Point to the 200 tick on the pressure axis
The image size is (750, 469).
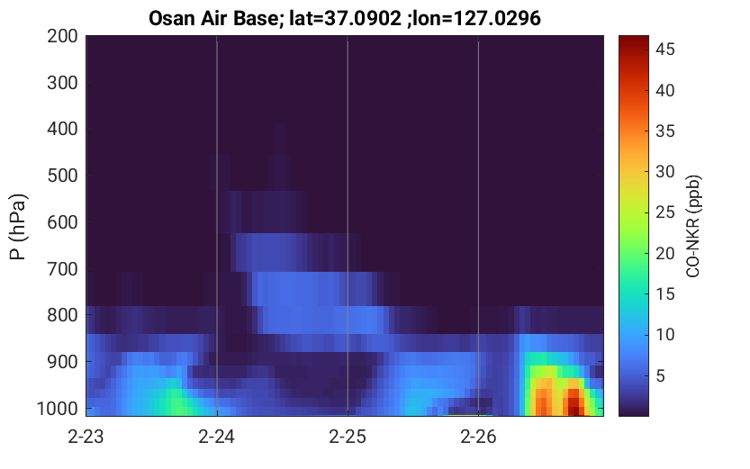click(x=62, y=36)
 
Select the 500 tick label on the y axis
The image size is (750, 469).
click(x=62, y=176)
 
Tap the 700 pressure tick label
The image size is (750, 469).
click(x=62, y=269)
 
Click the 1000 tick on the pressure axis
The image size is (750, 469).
click(x=58, y=410)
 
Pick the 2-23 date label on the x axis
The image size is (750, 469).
click(x=86, y=437)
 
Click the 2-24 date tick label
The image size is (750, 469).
click(x=217, y=437)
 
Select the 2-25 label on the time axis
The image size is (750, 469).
click(x=348, y=437)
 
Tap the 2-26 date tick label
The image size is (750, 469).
click(x=478, y=437)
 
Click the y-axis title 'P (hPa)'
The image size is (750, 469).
click(x=18, y=227)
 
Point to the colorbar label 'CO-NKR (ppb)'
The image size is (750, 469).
click(x=693, y=226)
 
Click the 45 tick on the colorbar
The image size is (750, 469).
click(x=664, y=50)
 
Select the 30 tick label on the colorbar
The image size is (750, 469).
click(x=664, y=172)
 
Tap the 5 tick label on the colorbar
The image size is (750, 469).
click(x=660, y=376)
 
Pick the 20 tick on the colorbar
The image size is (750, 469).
click(x=664, y=253)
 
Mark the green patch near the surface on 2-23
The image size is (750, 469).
click(x=173, y=402)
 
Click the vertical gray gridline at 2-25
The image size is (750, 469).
click(x=348, y=226)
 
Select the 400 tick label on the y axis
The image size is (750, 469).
click(x=62, y=129)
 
